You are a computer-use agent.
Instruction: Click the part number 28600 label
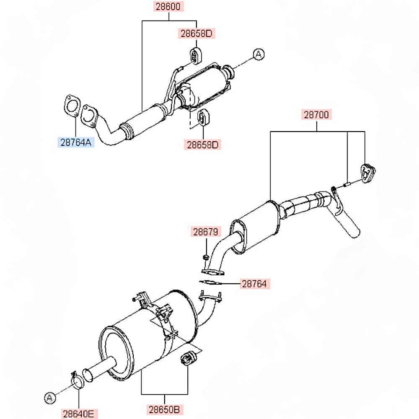tap(168, 6)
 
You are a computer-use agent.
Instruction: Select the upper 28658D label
tap(197, 34)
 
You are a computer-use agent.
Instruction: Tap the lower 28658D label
tap(202, 145)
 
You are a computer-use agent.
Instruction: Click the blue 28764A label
tap(76, 142)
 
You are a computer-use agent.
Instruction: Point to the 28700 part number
tap(316, 115)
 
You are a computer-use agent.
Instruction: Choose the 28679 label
tap(206, 232)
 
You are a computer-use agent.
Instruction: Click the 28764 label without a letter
tap(254, 284)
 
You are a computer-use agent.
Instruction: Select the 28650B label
tap(164, 409)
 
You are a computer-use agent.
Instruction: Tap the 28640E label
tap(79, 414)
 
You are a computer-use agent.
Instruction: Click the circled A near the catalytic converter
tap(259, 54)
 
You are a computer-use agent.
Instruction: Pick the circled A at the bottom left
tap(50, 398)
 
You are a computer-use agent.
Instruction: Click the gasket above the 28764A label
tap(71, 106)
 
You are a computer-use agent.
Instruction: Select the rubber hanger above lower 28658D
tap(203, 117)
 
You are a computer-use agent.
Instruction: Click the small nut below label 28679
tap(206, 258)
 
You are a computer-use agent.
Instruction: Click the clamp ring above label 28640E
tap(78, 380)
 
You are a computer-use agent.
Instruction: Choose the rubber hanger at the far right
tap(368, 172)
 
